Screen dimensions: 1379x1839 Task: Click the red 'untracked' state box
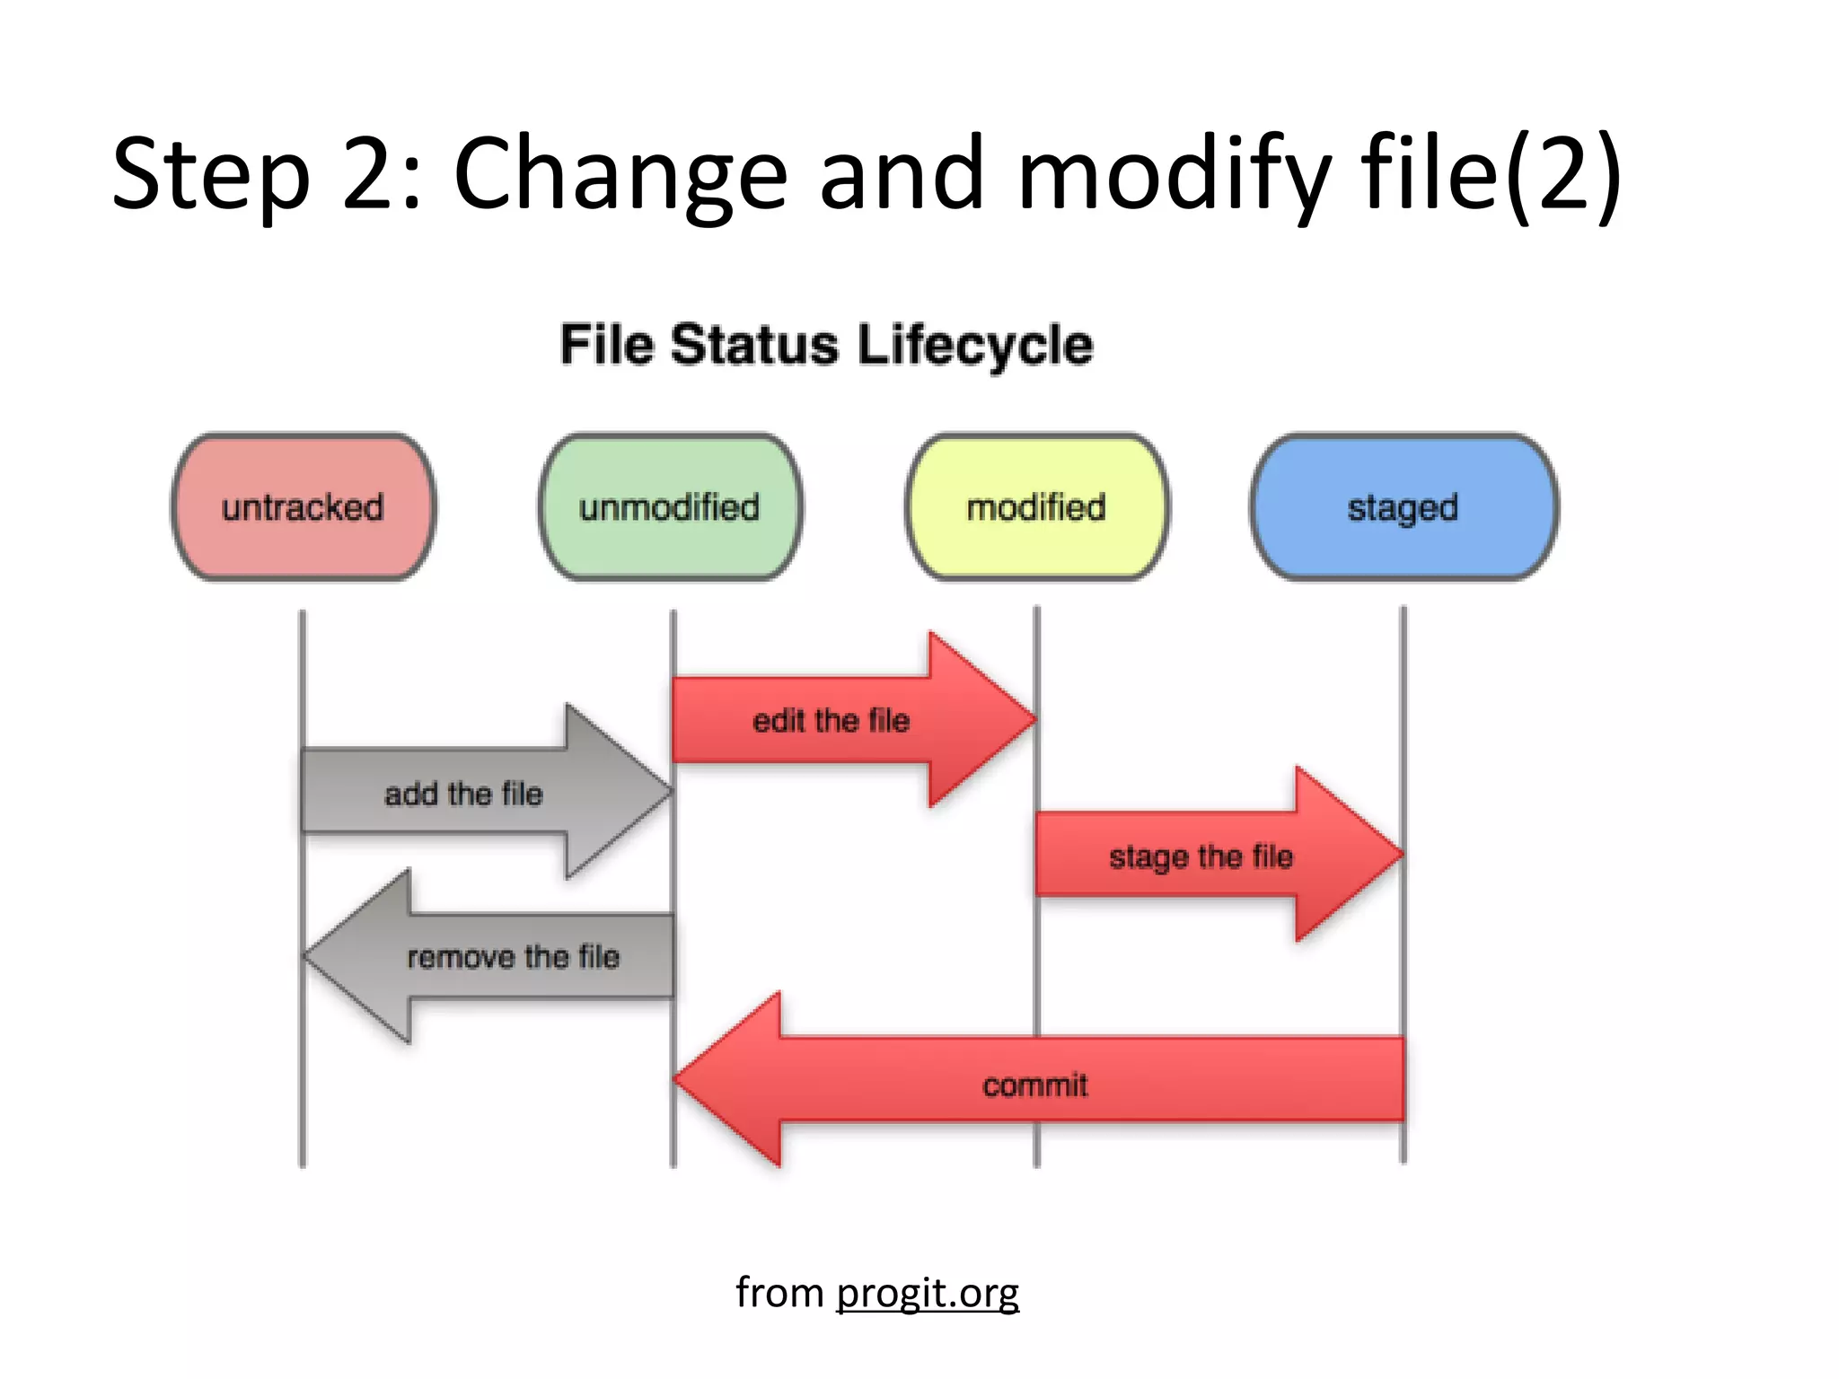tap(304, 507)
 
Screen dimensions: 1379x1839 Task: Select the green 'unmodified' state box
tap(670, 507)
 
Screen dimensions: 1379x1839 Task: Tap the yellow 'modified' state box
tap(1036, 507)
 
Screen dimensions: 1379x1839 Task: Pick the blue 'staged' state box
tap(1403, 507)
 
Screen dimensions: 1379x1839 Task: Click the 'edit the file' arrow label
tap(831, 720)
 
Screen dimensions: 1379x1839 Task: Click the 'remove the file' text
tap(513, 956)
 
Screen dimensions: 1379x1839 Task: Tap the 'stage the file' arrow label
tap(1201, 856)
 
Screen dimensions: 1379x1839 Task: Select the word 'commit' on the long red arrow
tap(1034, 1085)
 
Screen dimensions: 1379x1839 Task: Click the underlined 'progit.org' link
tap(927, 1293)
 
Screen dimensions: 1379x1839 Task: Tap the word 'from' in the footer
tap(779, 1293)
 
